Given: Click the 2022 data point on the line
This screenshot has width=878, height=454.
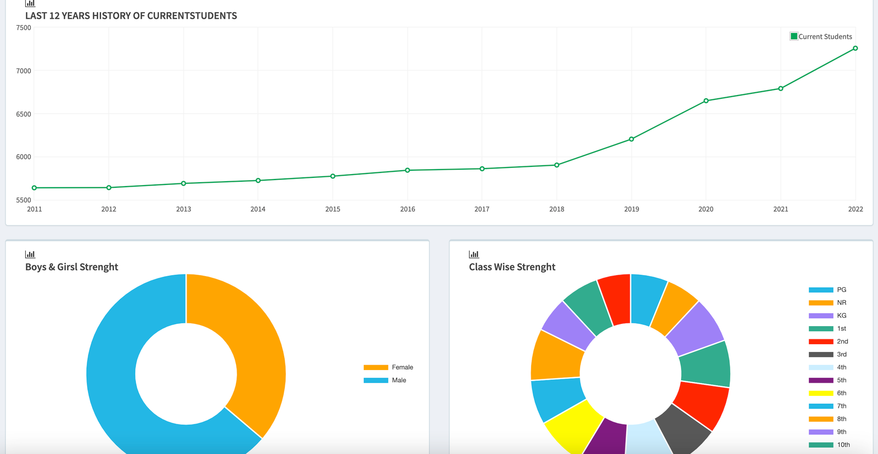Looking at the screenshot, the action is (856, 48).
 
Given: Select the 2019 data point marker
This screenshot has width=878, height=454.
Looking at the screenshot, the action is (632, 139).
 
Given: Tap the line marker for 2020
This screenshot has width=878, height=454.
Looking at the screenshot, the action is (706, 101).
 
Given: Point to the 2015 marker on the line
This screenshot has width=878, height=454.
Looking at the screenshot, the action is (333, 176).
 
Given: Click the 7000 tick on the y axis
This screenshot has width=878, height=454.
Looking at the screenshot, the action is (24, 71).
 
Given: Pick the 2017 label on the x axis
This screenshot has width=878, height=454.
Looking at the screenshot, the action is (482, 209).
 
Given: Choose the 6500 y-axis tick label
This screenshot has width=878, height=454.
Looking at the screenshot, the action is (24, 114).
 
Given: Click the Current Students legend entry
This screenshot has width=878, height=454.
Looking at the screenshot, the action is (821, 36).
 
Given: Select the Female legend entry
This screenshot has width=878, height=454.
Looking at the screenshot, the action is (389, 367).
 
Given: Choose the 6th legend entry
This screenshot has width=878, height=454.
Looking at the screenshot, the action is (828, 393).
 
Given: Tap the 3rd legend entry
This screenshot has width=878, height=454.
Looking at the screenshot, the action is (828, 355).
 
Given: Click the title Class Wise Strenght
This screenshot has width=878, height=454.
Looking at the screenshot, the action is (512, 267).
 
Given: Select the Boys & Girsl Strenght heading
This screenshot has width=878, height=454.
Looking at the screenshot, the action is (71, 267).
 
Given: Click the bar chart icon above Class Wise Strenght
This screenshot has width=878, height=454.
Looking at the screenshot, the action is (474, 254).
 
